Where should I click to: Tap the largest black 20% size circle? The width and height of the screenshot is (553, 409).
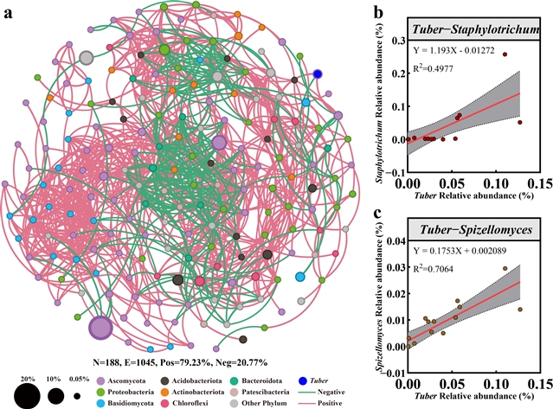coord(28,396)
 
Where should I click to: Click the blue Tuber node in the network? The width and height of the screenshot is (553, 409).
coord(318,74)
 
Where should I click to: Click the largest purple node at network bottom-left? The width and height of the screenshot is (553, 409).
coord(100,328)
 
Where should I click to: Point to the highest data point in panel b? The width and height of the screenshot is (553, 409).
coord(505,54)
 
